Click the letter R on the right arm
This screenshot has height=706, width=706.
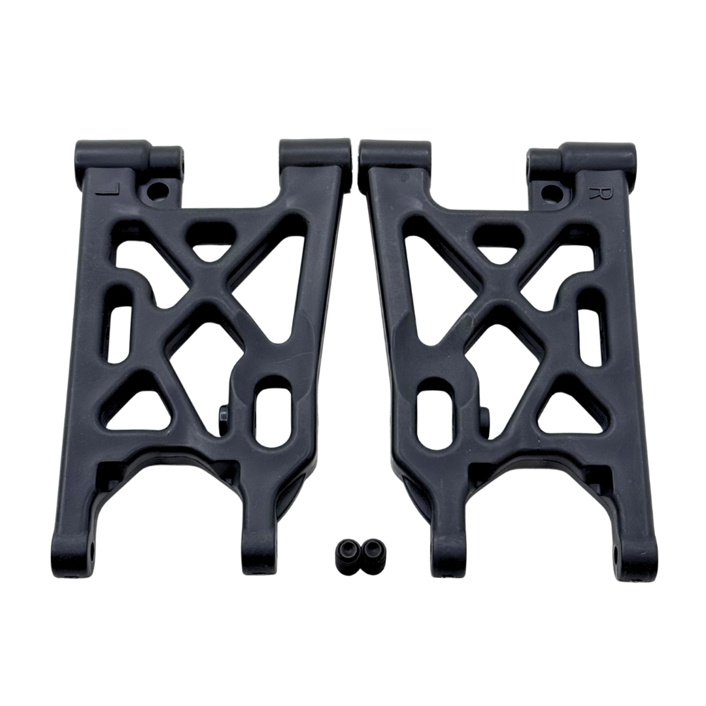(596, 192)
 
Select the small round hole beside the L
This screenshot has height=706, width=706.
(157, 192)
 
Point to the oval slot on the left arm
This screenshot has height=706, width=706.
(269, 411)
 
